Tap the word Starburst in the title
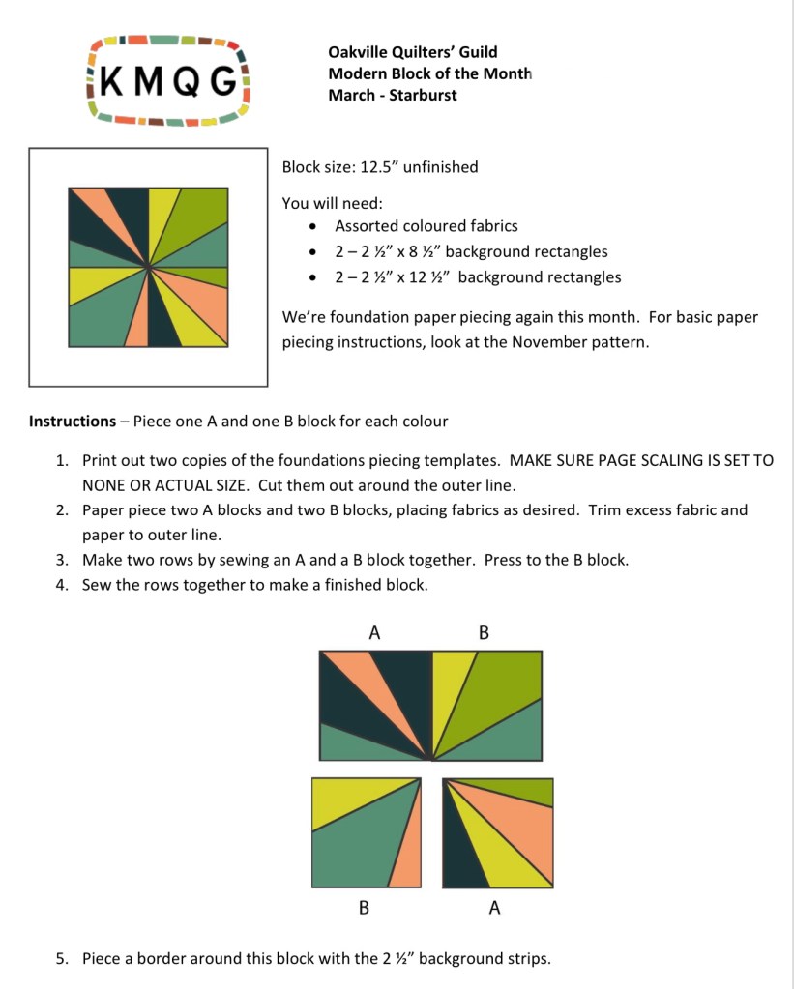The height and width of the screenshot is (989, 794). [423, 95]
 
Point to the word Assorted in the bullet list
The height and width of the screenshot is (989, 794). [364, 226]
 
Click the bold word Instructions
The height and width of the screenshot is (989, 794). [73, 422]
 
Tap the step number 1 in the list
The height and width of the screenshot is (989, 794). [61, 461]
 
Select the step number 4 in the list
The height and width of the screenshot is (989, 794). [61, 585]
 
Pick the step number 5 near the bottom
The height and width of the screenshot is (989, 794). [61, 959]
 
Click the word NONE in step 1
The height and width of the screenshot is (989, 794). [104, 486]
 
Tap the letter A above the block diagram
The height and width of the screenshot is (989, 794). [374, 633]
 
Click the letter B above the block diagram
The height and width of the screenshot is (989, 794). [485, 633]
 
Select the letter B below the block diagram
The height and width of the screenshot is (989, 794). [364, 908]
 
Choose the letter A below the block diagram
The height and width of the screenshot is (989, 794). [495, 908]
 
